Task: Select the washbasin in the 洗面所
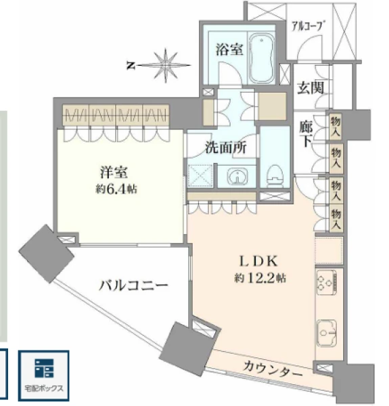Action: (237, 177)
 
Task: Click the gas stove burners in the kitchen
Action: (326, 282)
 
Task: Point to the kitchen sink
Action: (327, 334)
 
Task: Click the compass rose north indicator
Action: (131, 66)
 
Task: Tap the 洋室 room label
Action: (114, 173)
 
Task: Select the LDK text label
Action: (258, 261)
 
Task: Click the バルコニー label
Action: (133, 286)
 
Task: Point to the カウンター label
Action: (273, 369)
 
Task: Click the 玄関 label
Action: (311, 88)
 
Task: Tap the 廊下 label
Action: (306, 134)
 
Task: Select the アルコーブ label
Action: (308, 26)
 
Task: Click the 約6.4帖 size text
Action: (116, 189)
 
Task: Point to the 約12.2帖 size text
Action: (260, 278)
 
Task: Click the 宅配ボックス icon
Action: (44, 376)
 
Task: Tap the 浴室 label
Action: (229, 49)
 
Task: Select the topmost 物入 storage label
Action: (336, 125)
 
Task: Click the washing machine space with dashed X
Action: (200, 175)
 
